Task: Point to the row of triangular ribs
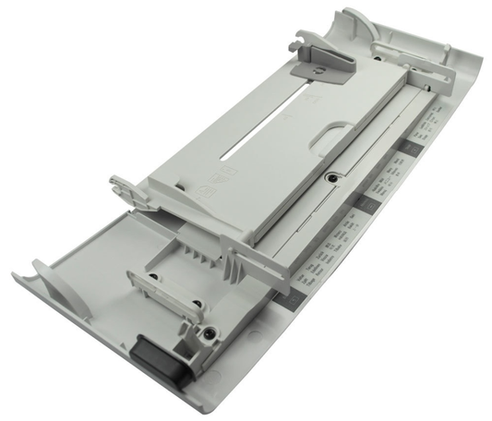[199, 249]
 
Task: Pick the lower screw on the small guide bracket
[196, 306]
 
